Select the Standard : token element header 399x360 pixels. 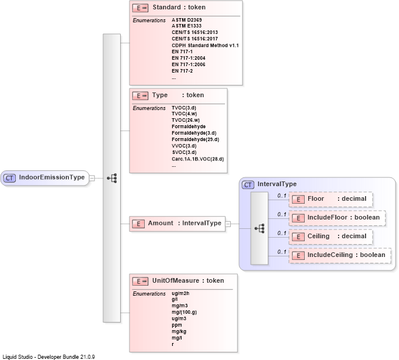point(179,8)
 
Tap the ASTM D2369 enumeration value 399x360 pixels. point(186,20)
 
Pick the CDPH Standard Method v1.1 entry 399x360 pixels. point(205,45)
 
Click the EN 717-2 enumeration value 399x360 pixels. point(182,71)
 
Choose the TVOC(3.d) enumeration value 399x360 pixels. point(185,108)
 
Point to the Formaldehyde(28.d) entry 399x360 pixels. point(195,140)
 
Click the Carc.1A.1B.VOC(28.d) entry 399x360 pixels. point(197,159)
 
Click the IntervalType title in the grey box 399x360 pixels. point(277,184)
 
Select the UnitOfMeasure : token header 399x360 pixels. point(187,281)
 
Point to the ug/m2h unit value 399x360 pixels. point(180,293)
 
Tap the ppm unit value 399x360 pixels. point(176,325)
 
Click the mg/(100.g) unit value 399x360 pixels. point(184,313)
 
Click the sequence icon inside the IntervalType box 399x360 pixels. point(260,227)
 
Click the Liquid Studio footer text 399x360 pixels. point(49,356)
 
